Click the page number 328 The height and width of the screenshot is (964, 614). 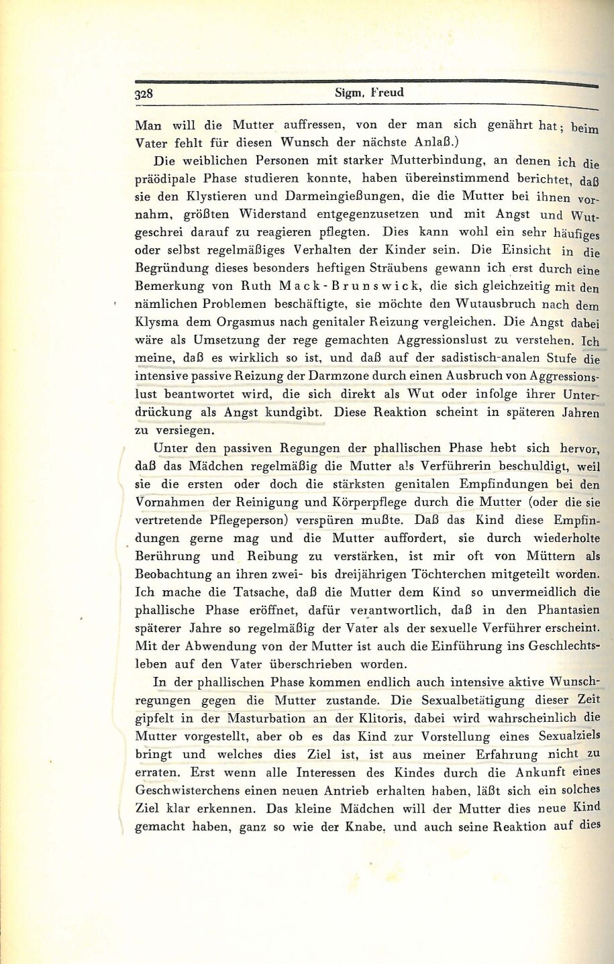pyautogui.click(x=144, y=94)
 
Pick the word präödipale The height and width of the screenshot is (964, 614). pyautogui.click(x=163, y=179)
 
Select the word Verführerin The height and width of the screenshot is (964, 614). pyautogui.click(x=426, y=466)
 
